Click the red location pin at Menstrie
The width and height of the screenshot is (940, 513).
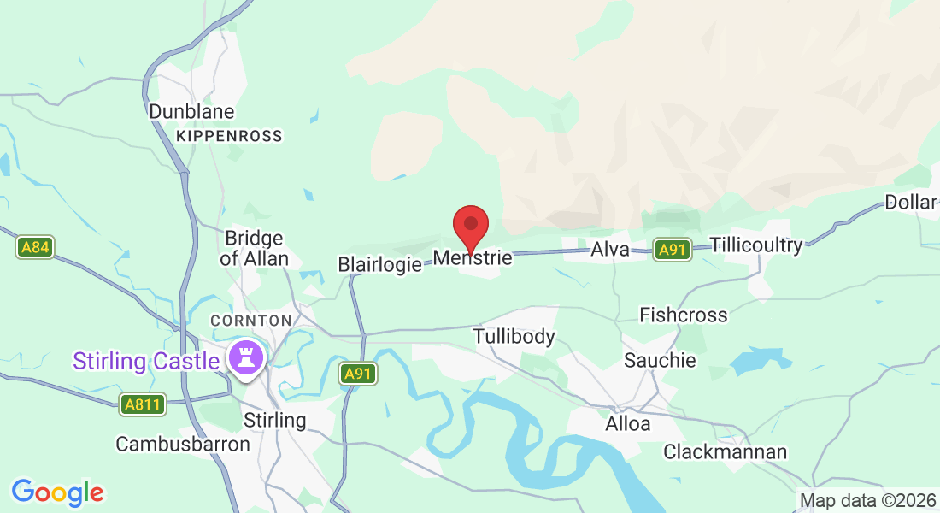pyautogui.click(x=470, y=227)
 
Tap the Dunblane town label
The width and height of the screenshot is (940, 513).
pyautogui.click(x=191, y=111)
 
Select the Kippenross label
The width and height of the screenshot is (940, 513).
pyautogui.click(x=228, y=136)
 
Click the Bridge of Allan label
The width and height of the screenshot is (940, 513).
pyautogui.click(x=254, y=248)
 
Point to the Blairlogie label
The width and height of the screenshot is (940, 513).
pyautogui.click(x=380, y=264)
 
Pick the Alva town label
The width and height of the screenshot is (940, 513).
pyautogui.click(x=610, y=250)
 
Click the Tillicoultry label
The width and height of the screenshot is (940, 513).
pyautogui.click(x=756, y=246)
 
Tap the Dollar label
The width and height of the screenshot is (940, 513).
pyautogui.click(x=911, y=203)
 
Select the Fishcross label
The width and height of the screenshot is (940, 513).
pyautogui.click(x=684, y=315)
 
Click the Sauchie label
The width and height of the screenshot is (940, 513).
pyautogui.click(x=659, y=360)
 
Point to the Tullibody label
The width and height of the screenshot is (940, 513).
pyautogui.click(x=514, y=337)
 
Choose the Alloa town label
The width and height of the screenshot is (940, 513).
pyautogui.click(x=627, y=424)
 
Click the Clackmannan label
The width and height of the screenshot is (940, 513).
pyautogui.click(x=725, y=451)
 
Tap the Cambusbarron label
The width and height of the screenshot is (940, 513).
pyautogui.click(x=183, y=444)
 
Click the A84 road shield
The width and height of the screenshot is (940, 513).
pyautogui.click(x=35, y=248)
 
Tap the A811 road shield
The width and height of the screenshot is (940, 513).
pyautogui.click(x=142, y=404)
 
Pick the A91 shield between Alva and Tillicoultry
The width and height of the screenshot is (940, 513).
pyautogui.click(x=673, y=250)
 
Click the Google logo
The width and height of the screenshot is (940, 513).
pyautogui.click(x=57, y=492)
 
